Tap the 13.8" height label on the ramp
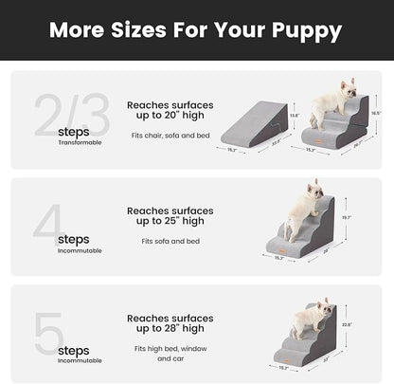[x=294, y=115]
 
